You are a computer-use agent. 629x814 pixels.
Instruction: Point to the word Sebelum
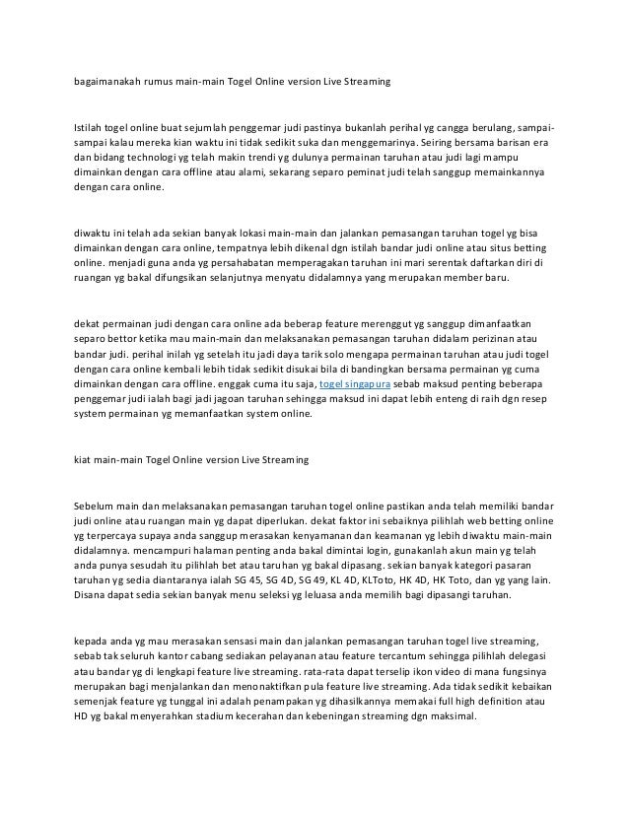coord(94,504)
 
